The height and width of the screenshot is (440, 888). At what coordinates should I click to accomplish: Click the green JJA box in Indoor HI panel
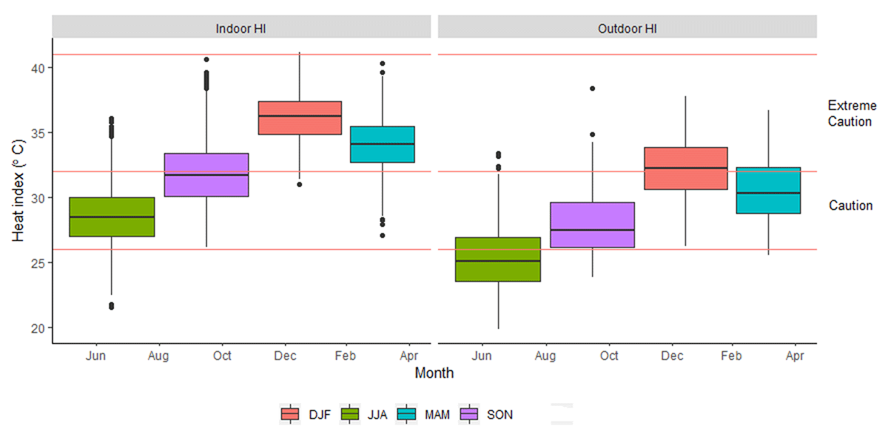click(x=112, y=217)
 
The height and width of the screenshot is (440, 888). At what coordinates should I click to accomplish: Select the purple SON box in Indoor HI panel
click(x=206, y=175)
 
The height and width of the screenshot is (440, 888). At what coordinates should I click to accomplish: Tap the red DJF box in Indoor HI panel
click(x=300, y=118)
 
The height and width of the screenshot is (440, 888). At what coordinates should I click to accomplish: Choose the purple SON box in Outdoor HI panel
click(x=593, y=225)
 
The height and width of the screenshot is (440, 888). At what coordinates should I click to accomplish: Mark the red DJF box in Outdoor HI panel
click(x=686, y=169)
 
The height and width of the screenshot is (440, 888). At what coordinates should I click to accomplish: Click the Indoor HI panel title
click(x=240, y=28)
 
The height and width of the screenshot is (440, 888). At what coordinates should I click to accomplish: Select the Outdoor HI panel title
click(x=627, y=28)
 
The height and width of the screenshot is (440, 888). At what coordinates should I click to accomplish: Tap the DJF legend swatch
click(x=289, y=414)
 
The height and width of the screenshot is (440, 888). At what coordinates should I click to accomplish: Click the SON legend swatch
click(x=469, y=414)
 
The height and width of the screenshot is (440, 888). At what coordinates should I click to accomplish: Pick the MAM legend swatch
click(x=406, y=414)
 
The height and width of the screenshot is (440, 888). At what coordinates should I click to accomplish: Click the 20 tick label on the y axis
click(x=37, y=328)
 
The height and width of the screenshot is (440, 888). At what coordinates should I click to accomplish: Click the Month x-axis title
click(x=434, y=373)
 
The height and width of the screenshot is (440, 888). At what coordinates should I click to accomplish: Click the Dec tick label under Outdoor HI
click(x=672, y=356)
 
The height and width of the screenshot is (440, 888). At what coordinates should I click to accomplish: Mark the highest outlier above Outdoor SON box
click(x=593, y=89)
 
